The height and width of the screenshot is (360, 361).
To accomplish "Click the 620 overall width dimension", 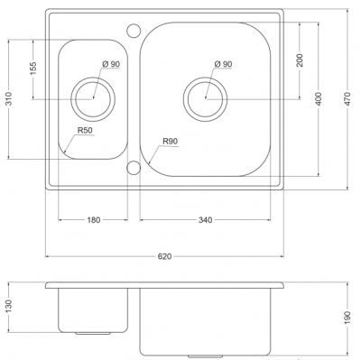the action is tap(164, 256).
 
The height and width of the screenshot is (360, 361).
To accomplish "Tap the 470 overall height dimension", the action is tap(347, 98).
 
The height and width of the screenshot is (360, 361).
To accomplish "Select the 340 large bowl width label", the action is tap(205, 220).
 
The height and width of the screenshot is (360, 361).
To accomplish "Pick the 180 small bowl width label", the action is tap(94, 220).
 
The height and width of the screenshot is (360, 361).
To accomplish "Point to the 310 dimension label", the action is tap(9, 98).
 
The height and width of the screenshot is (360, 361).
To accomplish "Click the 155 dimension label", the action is tap(33, 69).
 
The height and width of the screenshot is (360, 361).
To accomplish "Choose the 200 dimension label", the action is tap(300, 60).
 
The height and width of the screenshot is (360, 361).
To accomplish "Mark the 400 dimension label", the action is tap(319, 98).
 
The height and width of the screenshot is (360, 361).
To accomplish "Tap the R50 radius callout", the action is tap(85, 130).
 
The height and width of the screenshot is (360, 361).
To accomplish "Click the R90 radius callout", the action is tap(171, 141).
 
